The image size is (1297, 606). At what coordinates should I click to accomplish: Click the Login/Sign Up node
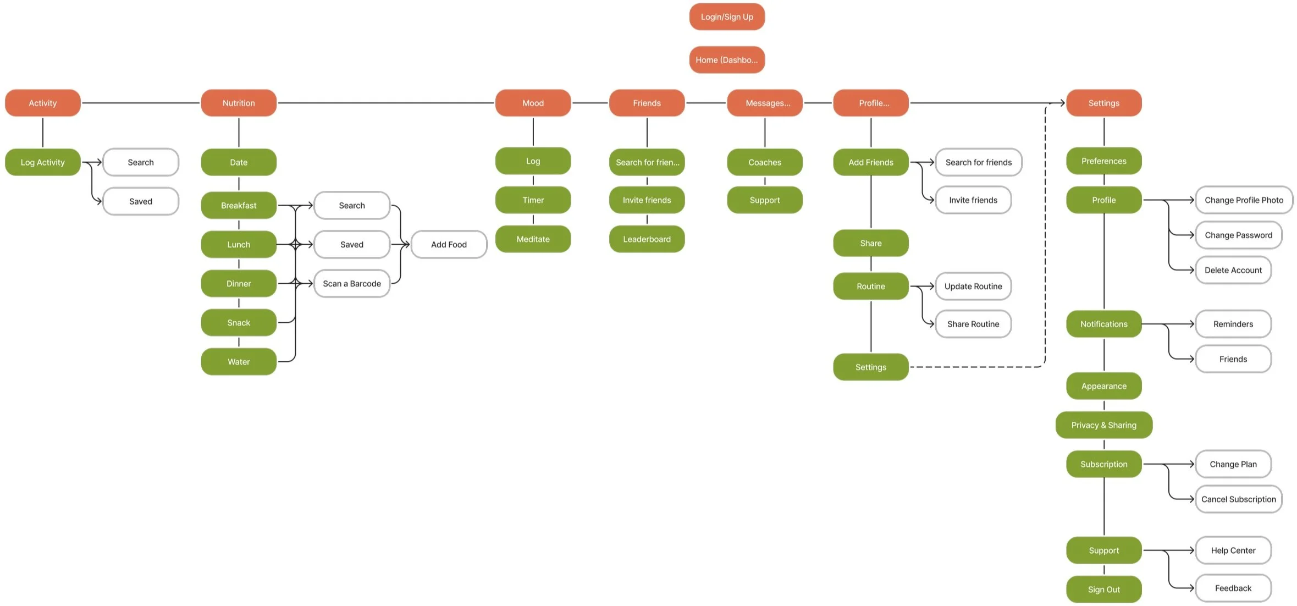coord(726,17)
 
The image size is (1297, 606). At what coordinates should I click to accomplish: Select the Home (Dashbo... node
coord(726,60)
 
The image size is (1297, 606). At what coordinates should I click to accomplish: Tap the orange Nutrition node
coord(239,103)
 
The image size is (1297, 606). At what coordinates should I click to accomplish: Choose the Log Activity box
coord(43,162)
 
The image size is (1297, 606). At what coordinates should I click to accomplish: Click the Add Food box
coord(449,245)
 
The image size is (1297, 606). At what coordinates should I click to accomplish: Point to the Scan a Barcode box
coord(351,284)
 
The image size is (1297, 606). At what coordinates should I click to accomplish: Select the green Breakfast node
coord(239,206)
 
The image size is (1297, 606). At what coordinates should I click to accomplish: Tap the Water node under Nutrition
coord(239,362)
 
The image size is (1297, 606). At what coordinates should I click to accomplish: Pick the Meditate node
coord(533,239)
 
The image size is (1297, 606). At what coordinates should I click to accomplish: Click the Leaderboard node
coord(647,239)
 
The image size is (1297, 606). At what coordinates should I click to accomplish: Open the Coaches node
coord(764,162)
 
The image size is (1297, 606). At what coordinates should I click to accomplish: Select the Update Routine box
coord(973,287)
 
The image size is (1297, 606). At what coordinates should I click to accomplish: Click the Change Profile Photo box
coord(1244,200)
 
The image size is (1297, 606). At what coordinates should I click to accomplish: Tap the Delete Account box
coord(1233,270)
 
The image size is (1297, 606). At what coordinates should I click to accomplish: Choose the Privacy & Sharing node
coord(1103,425)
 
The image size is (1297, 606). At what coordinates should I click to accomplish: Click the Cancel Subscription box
coord(1238,499)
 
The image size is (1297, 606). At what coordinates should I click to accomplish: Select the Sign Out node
coord(1103,590)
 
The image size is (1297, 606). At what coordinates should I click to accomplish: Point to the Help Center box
coord(1233,550)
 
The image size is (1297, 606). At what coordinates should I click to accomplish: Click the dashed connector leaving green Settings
coord(979,367)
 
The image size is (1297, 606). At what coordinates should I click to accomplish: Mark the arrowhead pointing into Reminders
coord(1191,324)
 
